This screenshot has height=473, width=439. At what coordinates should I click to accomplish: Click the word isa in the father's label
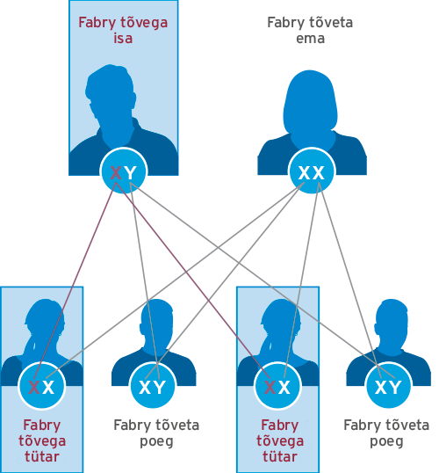123,39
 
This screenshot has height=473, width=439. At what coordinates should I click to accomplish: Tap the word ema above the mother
310,39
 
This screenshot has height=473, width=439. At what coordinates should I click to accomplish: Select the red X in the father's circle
116,173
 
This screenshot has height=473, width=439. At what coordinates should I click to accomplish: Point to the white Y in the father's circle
131,173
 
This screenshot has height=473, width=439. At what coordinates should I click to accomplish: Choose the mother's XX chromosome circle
311,171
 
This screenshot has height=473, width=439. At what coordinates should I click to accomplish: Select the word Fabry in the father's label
97,23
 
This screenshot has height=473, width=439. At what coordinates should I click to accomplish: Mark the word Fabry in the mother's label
285,23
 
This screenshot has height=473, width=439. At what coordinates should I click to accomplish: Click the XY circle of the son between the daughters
153,386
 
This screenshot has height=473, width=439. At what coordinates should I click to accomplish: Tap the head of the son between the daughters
156,322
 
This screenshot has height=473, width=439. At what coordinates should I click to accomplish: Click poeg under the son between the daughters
156,442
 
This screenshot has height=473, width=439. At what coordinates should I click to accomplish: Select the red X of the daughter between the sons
270,387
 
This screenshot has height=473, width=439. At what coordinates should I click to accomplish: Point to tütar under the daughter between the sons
280,456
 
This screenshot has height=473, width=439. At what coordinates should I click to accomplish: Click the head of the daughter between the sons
281,323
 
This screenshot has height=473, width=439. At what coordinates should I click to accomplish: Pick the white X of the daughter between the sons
284,387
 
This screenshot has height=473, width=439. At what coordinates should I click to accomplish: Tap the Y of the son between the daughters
160,387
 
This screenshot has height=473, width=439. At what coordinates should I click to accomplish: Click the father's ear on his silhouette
133,100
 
